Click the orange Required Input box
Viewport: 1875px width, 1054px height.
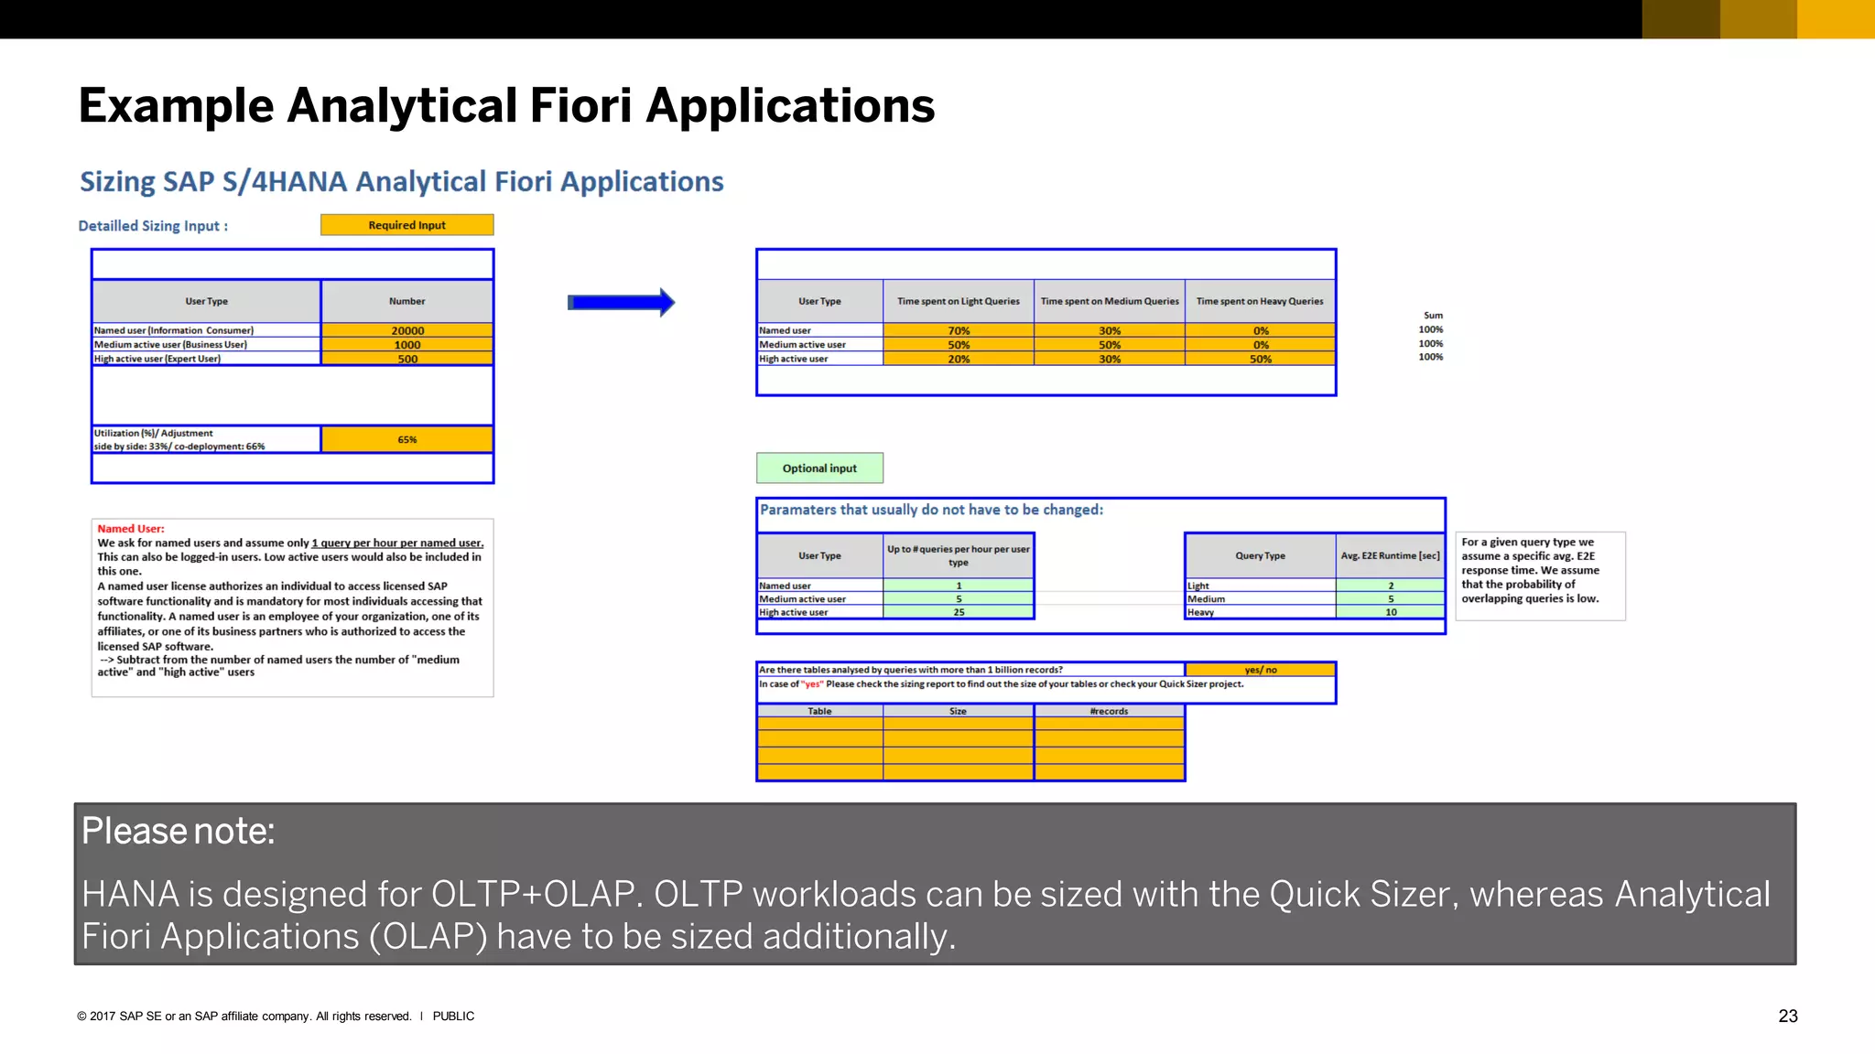pyautogui.click(x=406, y=225)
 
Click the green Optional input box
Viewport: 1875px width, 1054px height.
pyautogui.click(x=819, y=468)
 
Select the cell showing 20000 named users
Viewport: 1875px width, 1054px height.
pyautogui.click(x=407, y=330)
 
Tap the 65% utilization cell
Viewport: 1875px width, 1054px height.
pyautogui.click(x=407, y=439)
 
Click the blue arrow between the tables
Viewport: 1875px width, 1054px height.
pyautogui.click(x=621, y=302)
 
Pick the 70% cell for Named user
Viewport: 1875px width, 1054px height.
pyautogui.click(x=959, y=330)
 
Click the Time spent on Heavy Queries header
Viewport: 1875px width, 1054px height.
pyautogui.click(x=1260, y=301)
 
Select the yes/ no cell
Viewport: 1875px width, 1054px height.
pyautogui.click(x=1260, y=670)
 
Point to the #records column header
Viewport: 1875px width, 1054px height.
pyautogui.click(x=1109, y=711)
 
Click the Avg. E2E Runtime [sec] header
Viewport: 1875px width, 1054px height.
pyautogui.click(x=1390, y=555)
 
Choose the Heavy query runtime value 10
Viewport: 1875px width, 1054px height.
pyautogui.click(x=1390, y=612)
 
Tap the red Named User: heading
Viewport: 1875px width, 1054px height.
pyautogui.click(x=131, y=529)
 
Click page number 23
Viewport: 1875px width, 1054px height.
pyautogui.click(x=1787, y=1016)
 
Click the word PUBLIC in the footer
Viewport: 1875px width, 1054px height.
pyautogui.click(x=453, y=1016)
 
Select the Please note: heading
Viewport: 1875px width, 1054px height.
pyautogui.click(x=178, y=831)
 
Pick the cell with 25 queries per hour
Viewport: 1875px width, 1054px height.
pyautogui.click(x=959, y=612)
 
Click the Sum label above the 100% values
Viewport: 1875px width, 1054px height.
pyautogui.click(x=1433, y=315)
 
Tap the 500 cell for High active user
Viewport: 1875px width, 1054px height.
pyautogui.click(x=407, y=359)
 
